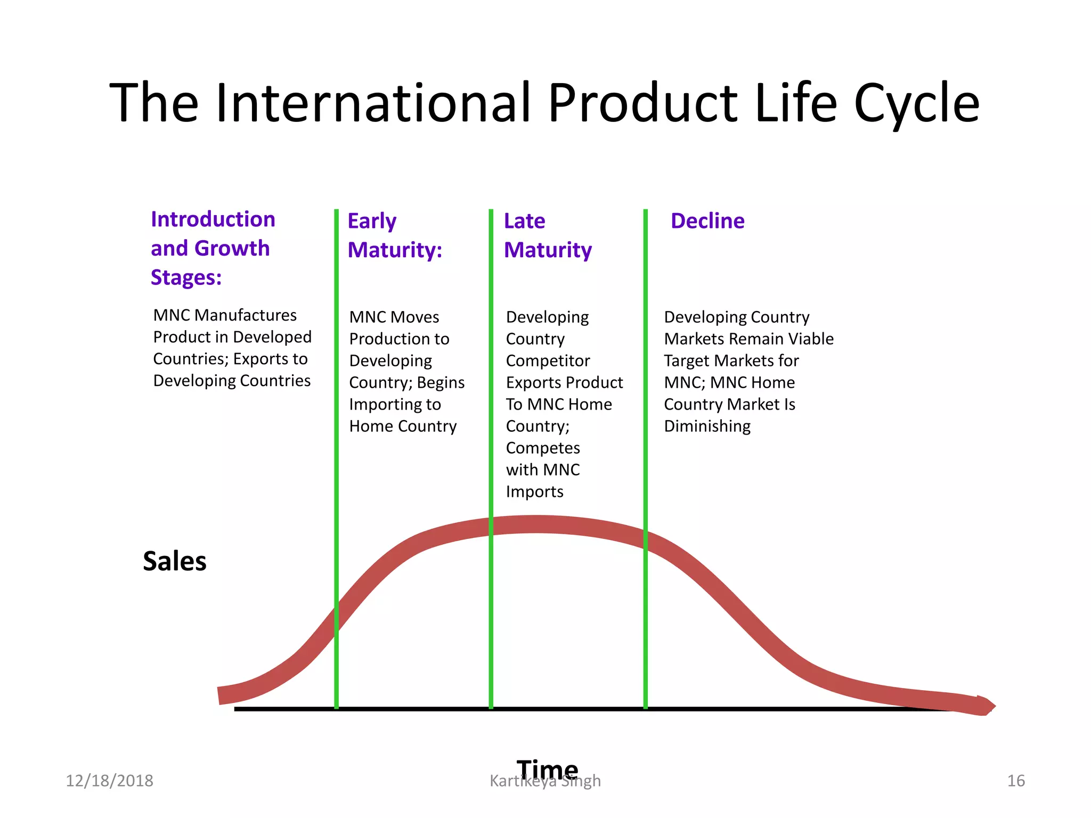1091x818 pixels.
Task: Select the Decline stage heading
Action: [707, 221]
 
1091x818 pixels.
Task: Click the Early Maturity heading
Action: [395, 235]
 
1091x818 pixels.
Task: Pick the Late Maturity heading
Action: [548, 235]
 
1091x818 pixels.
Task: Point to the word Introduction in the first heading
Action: [213, 219]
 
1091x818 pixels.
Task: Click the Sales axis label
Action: [174, 561]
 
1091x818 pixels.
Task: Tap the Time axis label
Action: [547, 768]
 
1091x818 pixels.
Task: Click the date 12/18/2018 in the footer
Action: [109, 781]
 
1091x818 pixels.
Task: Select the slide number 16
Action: [1015, 781]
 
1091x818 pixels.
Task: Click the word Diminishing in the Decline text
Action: [707, 426]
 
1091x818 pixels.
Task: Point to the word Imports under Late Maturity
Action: [534, 492]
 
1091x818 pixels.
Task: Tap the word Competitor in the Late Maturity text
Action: [548, 361]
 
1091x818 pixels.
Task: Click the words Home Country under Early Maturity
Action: [403, 426]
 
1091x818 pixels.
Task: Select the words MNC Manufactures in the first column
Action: [225, 315]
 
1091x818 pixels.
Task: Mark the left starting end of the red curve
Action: [223, 696]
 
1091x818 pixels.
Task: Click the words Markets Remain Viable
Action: [748, 339]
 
